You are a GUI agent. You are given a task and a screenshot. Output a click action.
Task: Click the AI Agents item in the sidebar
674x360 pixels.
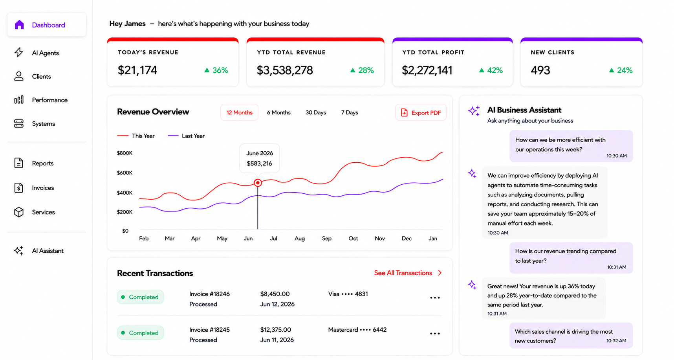(x=37, y=53)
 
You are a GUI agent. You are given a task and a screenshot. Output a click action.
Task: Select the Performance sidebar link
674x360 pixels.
(x=41, y=100)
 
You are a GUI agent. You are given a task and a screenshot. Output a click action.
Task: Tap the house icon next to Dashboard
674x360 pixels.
(x=19, y=25)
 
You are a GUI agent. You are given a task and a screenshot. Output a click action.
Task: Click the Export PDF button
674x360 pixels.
(x=421, y=113)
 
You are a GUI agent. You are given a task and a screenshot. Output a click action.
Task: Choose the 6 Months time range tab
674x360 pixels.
(x=278, y=113)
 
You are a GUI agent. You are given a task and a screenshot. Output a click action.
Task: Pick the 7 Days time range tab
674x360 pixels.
(x=350, y=113)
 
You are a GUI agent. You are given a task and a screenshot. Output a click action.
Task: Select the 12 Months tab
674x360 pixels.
(x=239, y=113)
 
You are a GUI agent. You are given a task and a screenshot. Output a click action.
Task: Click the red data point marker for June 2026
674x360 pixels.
(x=258, y=183)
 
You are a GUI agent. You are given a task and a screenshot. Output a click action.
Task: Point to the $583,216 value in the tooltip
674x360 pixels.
(x=259, y=163)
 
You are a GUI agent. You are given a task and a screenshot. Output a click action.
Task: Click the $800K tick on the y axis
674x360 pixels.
(x=125, y=153)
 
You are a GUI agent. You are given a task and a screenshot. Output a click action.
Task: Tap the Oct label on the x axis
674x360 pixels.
(x=353, y=239)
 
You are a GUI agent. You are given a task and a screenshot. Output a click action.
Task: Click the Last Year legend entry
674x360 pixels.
(x=187, y=136)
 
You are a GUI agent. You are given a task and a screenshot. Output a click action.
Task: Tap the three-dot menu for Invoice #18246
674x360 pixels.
(x=435, y=298)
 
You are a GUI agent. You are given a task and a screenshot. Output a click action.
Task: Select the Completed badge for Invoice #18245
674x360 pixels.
(x=140, y=333)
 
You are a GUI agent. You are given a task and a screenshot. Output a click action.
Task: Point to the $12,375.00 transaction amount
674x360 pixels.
(x=275, y=330)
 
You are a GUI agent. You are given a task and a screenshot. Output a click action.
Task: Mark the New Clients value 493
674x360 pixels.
(x=540, y=70)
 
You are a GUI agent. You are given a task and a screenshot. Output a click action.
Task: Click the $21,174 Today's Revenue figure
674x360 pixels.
(x=137, y=70)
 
